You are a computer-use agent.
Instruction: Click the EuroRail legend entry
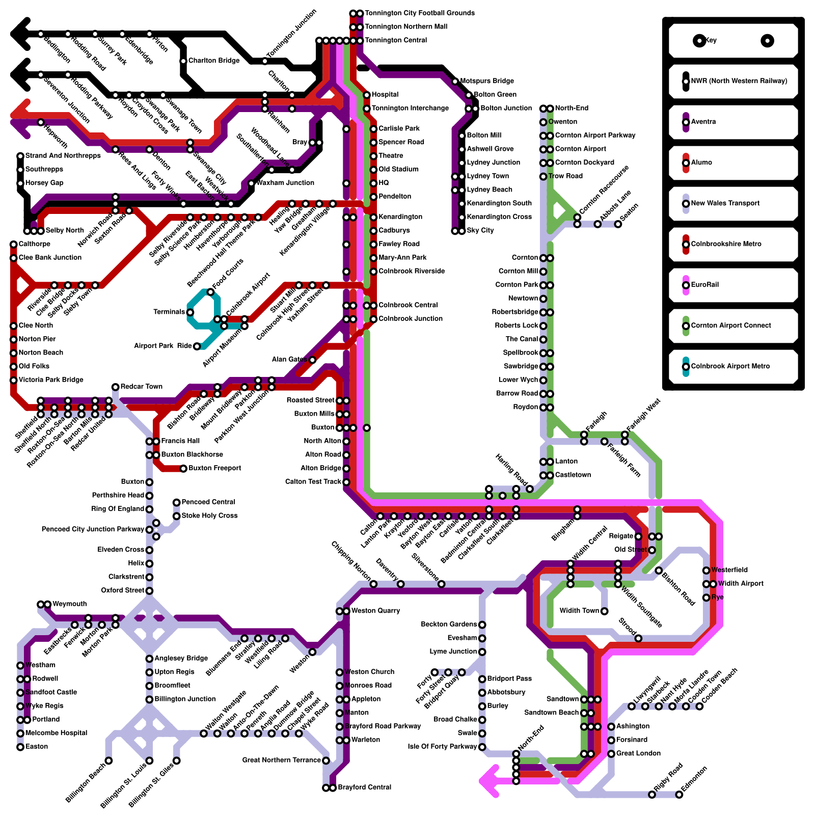pyautogui.click(x=704, y=285)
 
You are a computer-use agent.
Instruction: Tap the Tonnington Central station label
pyautogui.click(x=396, y=40)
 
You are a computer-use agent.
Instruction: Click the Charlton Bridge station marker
pyautogui.click(x=183, y=61)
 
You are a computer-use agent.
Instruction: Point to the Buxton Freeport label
pyautogui.click(x=214, y=468)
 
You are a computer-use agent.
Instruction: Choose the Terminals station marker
pyautogui.click(x=190, y=312)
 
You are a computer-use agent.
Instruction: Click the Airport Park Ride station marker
pyautogui.click(x=197, y=346)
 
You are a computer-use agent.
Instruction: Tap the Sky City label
pyautogui.click(x=480, y=230)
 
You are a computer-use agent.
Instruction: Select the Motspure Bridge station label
pyautogui.click(x=486, y=81)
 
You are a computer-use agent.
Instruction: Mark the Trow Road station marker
pyautogui.click(x=543, y=176)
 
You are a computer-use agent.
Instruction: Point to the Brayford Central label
pyautogui.click(x=364, y=787)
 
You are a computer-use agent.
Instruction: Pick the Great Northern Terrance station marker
pyautogui.click(x=326, y=760)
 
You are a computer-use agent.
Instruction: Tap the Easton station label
pyautogui.click(x=37, y=747)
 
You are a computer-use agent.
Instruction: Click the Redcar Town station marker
pyautogui.click(x=116, y=387)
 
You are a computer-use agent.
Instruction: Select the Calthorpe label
pyautogui.click(x=34, y=244)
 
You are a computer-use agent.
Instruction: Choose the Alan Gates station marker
pyautogui.click(x=312, y=360)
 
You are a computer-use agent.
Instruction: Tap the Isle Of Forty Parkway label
pyautogui.click(x=442, y=747)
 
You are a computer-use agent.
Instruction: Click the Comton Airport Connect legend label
pyautogui.click(x=730, y=325)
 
